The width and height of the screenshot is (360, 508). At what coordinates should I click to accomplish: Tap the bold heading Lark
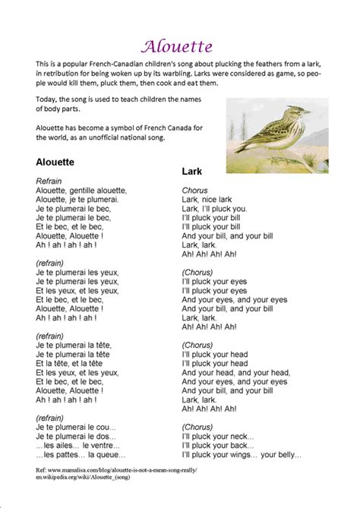[x=191, y=172]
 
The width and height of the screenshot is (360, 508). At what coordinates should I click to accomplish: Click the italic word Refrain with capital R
[x=49, y=181]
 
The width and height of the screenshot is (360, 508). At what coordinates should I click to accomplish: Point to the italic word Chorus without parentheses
[x=195, y=190]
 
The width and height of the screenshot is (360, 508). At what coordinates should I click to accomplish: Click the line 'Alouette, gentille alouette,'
[x=81, y=191]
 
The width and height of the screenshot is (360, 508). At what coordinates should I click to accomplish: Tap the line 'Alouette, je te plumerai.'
[x=77, y=200]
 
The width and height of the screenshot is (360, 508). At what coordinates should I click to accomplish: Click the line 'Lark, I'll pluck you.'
[x=214, y=209]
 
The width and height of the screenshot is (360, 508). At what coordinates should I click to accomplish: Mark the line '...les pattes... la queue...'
[x=81, y=455]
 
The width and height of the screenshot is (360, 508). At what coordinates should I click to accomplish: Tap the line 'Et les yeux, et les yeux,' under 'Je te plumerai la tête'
[x=77, y=373]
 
